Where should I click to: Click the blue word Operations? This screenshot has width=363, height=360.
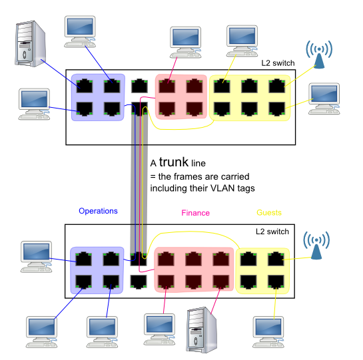click(x=98, y=211)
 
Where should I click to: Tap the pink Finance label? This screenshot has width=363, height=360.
click(x=195, y=213)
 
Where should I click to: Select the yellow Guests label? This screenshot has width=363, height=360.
click(x=269, y=213)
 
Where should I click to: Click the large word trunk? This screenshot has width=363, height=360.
click(x=174, y=162)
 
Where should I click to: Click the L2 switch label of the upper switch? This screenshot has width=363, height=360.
click(x=278, y=63)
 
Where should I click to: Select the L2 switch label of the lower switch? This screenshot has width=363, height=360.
click(x=272, y=232)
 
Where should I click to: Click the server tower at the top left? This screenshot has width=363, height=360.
click(x=31, y=44)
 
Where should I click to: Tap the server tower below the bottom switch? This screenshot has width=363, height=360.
click(x=201, y=330)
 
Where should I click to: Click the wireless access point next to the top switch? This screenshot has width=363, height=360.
click(x=319, y=55)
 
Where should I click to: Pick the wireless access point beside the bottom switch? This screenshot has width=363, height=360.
click(x=316, y=246)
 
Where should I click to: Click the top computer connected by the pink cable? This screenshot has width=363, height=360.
click(x=185, y=43)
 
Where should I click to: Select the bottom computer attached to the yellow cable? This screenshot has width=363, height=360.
click(x=268, y=332)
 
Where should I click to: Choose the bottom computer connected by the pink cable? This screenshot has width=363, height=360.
click(x=159, y=329)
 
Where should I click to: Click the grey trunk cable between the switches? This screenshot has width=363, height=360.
click(x=139, y=184)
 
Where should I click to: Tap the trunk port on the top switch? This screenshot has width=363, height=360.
click(x=139, y=108)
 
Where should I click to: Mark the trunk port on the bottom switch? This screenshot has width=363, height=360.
click(x=139, y=259)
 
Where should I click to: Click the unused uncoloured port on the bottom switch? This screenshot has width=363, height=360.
click(x=139, y=281)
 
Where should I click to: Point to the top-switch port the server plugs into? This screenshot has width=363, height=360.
click(x=85, y=86)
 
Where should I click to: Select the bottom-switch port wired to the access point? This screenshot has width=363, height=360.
click(x=276, y=259)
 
